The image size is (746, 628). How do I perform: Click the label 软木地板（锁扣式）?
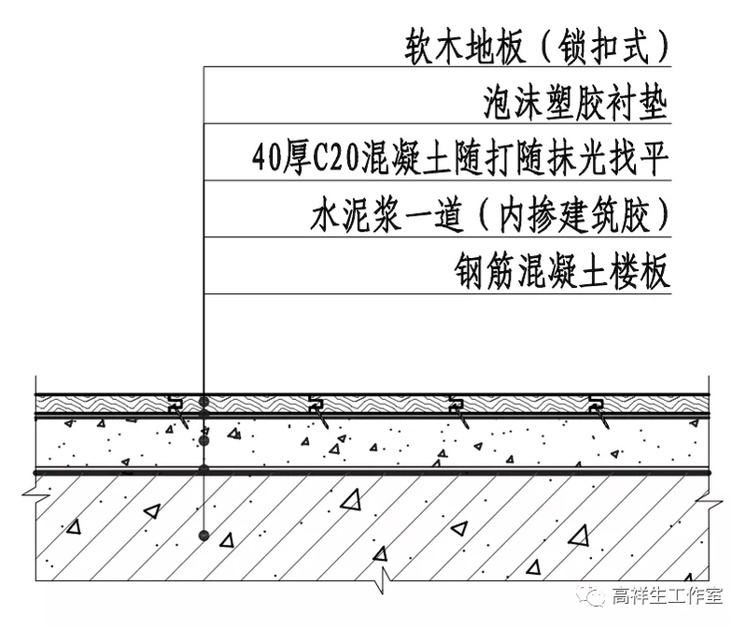538,44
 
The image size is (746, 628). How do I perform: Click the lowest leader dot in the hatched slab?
204,535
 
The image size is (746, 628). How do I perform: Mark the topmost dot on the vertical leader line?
204,403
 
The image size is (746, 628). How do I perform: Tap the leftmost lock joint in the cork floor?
176,406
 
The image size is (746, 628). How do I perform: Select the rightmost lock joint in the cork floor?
596,406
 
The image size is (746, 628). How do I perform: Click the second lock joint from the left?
316,406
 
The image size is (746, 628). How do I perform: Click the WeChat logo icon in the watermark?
594,594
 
